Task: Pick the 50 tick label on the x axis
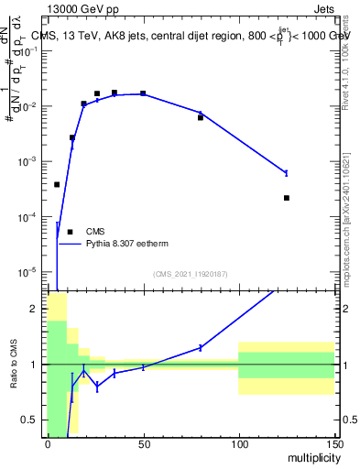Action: click(143, 443)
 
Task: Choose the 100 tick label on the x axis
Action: click(238, 443)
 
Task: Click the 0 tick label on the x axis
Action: click(48, 443)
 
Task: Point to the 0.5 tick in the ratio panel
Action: click(34, 420)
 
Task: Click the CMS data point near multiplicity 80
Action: click(201, 117)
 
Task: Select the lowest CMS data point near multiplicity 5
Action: click(57, 184)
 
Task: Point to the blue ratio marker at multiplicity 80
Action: click(201, 347)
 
